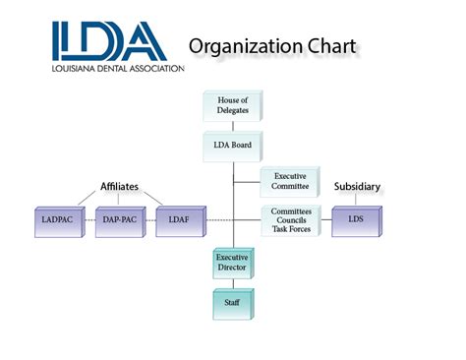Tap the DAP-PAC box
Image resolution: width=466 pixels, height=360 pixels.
point(119,218)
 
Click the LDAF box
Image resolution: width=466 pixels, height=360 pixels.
point(180,218)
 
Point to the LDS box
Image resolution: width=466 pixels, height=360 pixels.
point(355,218)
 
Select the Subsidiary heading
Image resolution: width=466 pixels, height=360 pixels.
point(355,186)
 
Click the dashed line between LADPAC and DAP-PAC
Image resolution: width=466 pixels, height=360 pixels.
point(88,218)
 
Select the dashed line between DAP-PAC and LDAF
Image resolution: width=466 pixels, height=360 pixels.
point(149,218)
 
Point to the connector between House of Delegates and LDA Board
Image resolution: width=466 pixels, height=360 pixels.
point(232,126)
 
